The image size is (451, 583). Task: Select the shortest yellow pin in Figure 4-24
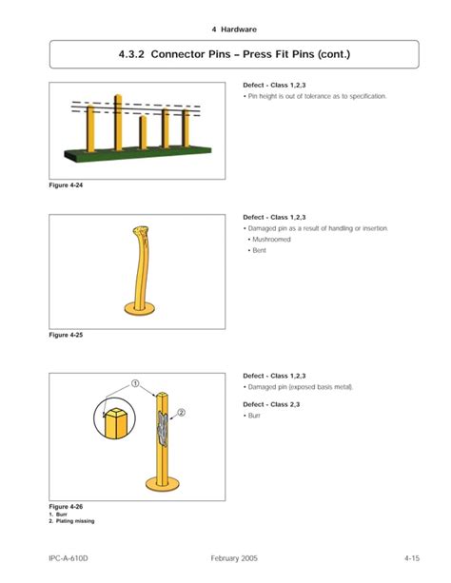[x=142, y=132]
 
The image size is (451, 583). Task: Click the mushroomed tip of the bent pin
[x=141, y=233]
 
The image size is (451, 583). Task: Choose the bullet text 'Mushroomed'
[x=271, y=240]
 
